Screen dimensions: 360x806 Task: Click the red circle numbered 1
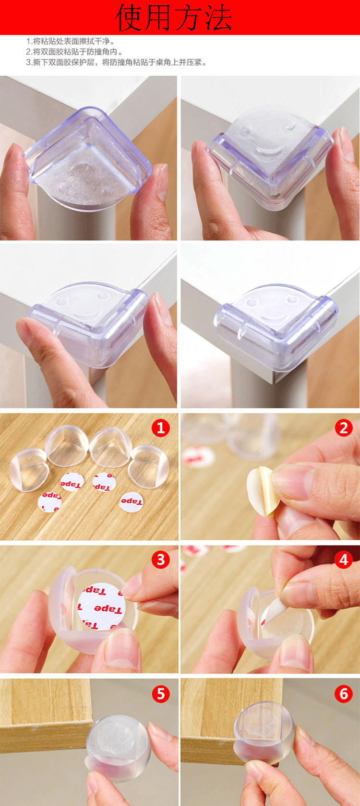[x=160, y=428]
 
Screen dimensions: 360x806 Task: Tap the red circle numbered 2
[x=344, y=428]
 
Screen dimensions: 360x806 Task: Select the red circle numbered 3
[x=160, y=560]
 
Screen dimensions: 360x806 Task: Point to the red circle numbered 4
[x=344, y=560]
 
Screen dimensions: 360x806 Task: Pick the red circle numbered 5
[x=160, y=694]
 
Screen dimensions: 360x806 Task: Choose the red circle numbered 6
[x=344, y=694]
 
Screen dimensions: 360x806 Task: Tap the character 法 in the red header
[x=218, y=17]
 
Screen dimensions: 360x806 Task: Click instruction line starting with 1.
[x=71, y=41]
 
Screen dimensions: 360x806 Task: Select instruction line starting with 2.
[x=74, y=52]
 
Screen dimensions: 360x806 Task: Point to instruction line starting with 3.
[x=117, y=62]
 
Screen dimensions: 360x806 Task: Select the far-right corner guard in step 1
[x=149, y=466]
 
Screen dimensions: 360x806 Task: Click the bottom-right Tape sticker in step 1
[x=131, y=502]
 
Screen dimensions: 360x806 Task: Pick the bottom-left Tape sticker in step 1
[x=50, y=502]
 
